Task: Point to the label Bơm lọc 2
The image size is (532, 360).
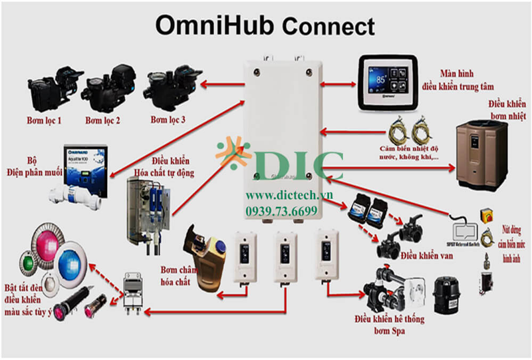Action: coord(103,120)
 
